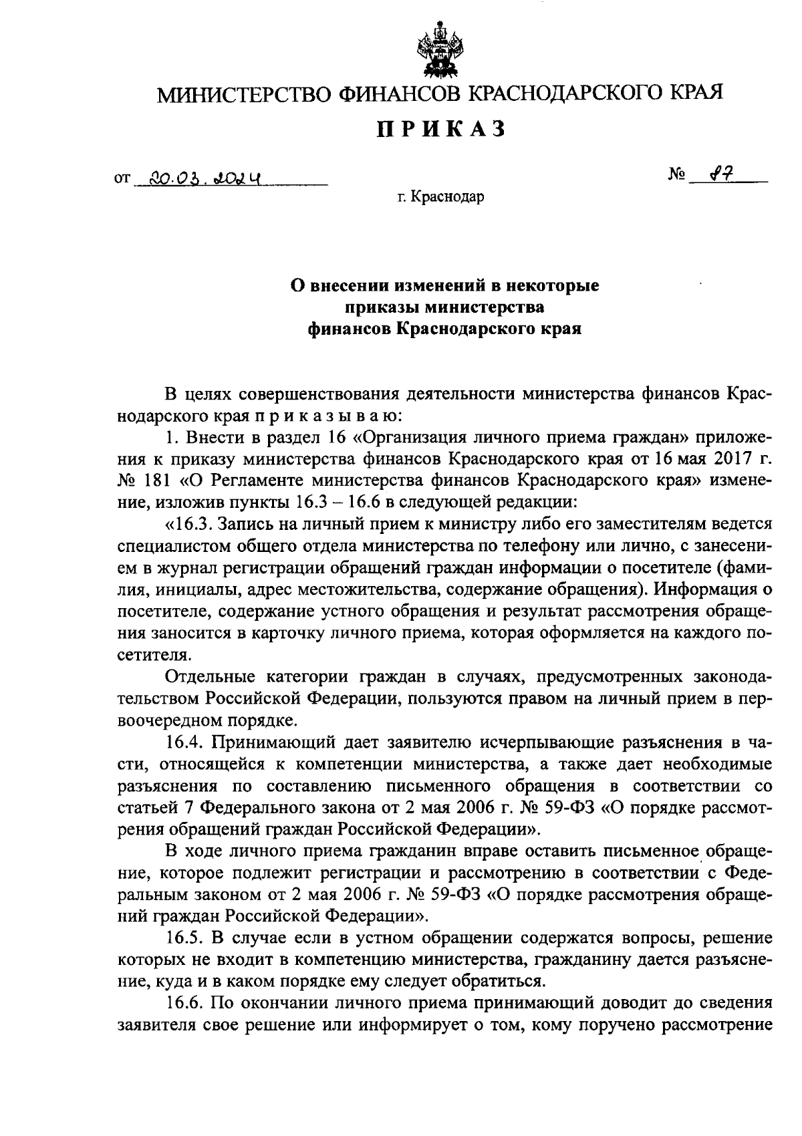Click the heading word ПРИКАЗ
pyautogui.click(x=439, y=129)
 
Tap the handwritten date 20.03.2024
pyautogui.click(x=205, y=178)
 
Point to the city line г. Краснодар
pyautogui.click(x=439, y=197)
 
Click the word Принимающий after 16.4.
pyautogui.click(x=272, y=742)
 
